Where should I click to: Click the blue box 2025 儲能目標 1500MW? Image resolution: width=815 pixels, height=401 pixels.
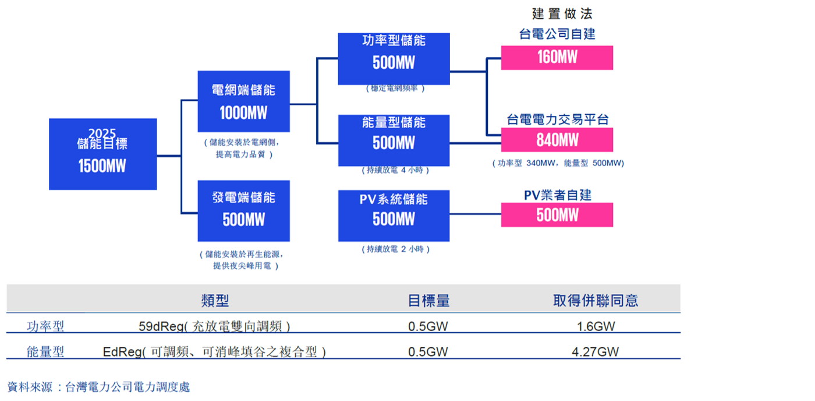click(102, 154)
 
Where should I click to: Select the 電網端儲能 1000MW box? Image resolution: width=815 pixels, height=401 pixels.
click(243, 101)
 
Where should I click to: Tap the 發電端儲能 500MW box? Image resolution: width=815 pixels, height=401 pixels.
click(243, 210)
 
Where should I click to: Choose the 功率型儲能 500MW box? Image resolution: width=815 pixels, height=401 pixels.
click(394, 58)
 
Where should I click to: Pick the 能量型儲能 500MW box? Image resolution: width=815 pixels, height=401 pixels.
click(394, 140)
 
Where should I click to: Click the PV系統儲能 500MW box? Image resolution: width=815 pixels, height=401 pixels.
click(394, 215)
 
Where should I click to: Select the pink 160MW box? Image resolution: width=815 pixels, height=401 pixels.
click(557, 58)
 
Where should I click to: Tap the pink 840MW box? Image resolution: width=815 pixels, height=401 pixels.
click(557, 140)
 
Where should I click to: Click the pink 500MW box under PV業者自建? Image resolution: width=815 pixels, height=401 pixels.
click(557, 214)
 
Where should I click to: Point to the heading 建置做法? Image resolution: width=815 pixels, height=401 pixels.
click(562, 13)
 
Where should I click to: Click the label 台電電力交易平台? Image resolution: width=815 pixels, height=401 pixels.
click(557, 120)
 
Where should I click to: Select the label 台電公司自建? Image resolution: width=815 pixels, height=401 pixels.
click(557, 34)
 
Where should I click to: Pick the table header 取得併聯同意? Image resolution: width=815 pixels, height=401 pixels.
click(595, 301)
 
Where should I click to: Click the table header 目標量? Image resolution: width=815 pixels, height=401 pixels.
click(428, 301)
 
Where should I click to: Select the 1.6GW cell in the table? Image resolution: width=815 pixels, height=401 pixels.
click(596, 326)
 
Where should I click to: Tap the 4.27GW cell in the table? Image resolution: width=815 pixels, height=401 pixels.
click(596, 352)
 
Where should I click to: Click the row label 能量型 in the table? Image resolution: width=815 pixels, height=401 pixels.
click(45, 352)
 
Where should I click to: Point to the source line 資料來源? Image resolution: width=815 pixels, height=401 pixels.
click(98, 387)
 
